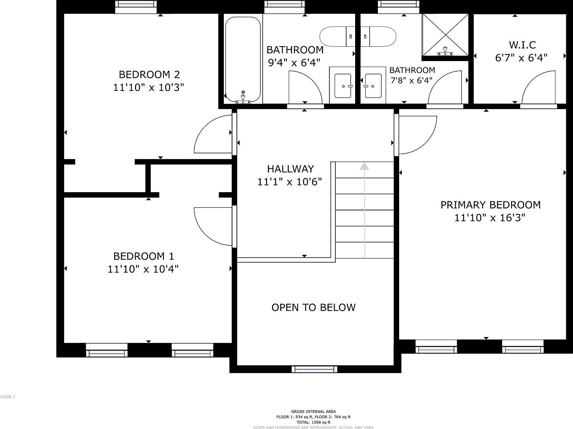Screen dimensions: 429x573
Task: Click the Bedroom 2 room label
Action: click(149, 74)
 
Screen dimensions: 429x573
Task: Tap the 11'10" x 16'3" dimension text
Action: click(489, 218)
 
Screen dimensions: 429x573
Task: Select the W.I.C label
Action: click(522, 45)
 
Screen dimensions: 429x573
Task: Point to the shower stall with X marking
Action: click(445, 35)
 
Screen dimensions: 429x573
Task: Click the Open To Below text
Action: click(313, 307)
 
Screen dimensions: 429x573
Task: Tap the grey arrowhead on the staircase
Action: click(364, 166)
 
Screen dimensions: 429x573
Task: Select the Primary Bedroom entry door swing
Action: click(416, 134)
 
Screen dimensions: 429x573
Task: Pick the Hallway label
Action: click(290, 169)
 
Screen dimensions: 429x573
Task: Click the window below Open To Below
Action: click(314, 369)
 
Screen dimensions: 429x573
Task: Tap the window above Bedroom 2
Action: click(136, 6)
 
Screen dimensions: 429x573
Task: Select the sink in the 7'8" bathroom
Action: click(373, 86)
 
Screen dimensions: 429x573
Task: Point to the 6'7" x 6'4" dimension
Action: click(521, 58)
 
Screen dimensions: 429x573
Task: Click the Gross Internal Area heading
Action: click(313, 411)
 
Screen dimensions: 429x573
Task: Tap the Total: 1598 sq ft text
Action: click(313, 422)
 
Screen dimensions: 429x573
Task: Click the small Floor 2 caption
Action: click(7, 397)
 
